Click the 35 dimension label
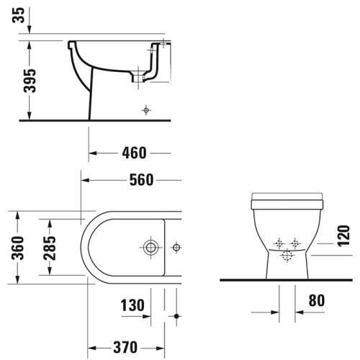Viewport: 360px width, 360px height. tap(18, 15)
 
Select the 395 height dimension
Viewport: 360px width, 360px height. tap(30, 81)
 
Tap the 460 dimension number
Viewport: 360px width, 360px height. tap(134, 153)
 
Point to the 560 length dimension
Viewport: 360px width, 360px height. tap(141, 180)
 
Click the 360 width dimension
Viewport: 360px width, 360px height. tap(18, 248)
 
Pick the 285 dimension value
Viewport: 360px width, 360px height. tap(50, 248)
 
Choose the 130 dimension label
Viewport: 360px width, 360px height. tap(132, 305)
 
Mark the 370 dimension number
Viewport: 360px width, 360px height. tap(125, 347)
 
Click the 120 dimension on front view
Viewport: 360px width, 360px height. tap(343, 235)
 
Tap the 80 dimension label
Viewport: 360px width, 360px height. tap(317, 300)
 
